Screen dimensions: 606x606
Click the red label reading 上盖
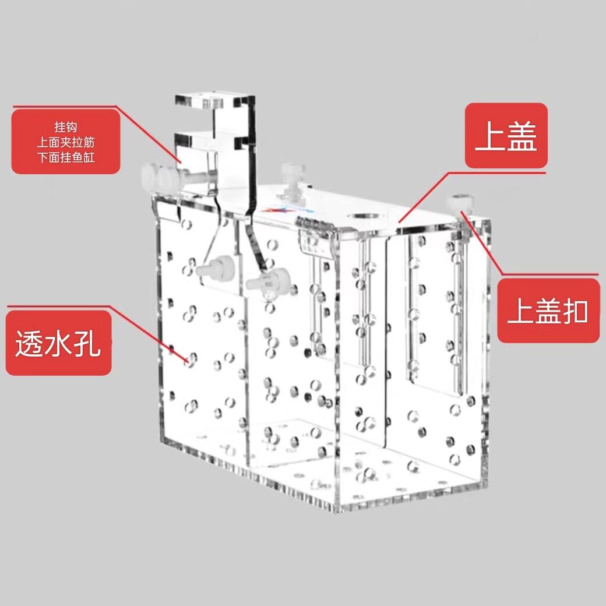(506, 136)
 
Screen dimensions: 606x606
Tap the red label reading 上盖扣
(548, 311)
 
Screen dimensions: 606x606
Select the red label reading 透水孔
(59, 343)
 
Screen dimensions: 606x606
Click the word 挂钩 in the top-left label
(66, 127)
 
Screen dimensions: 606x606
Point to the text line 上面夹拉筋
(66, 142)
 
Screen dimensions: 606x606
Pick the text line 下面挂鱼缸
(66, 157)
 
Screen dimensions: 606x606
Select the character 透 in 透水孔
(30, 343)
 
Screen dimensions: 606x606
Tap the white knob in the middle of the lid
(293, 181)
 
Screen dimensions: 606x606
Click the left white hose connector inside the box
(215, 268)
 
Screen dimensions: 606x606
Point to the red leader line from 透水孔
(97, 334)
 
